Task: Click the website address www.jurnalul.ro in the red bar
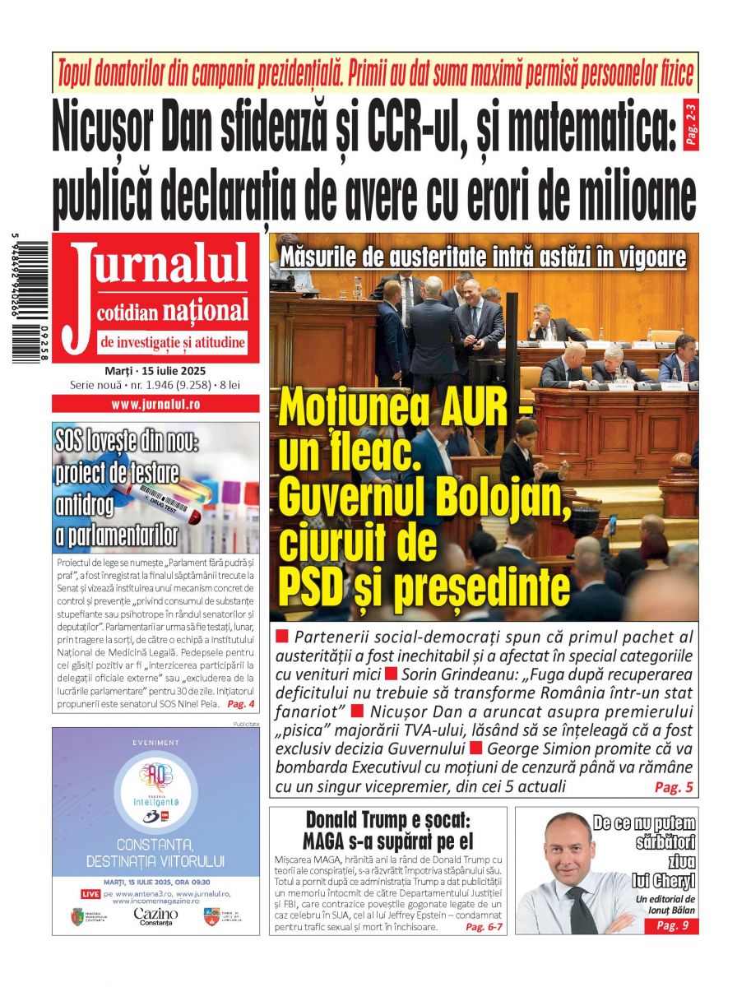coord(155,404)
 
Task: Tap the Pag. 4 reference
coord(240,705)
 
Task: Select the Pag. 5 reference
coord(674,787)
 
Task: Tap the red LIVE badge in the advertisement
coord(90,893)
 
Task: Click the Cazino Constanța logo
coord(155,916)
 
